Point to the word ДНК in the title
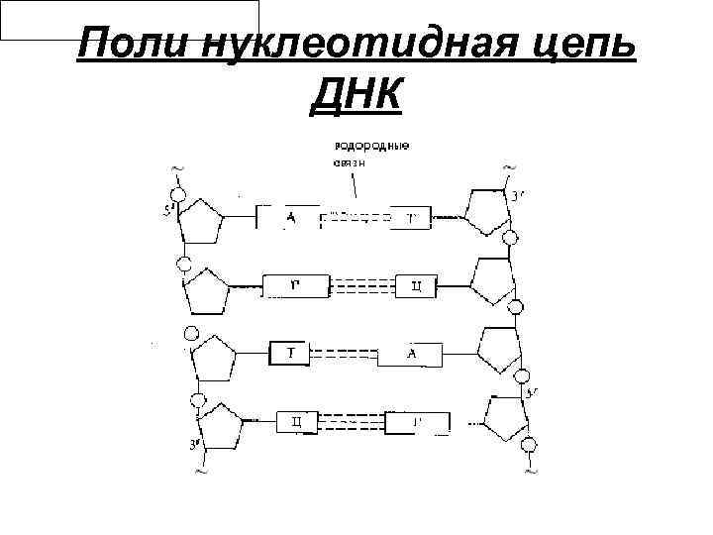(x=356, y=97)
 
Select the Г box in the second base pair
(x=295, y=287)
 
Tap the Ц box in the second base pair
(x=416, y=287)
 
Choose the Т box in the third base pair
(x=292, y=353)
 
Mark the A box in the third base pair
(x=409, y=354)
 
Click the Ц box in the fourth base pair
(x=296, y=423)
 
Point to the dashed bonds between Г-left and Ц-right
(x=361, y=287)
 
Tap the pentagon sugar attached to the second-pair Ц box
(x=492, y=283)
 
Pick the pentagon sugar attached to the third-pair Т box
(x=214, y=358)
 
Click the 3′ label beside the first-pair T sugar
(x=519, y=194)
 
